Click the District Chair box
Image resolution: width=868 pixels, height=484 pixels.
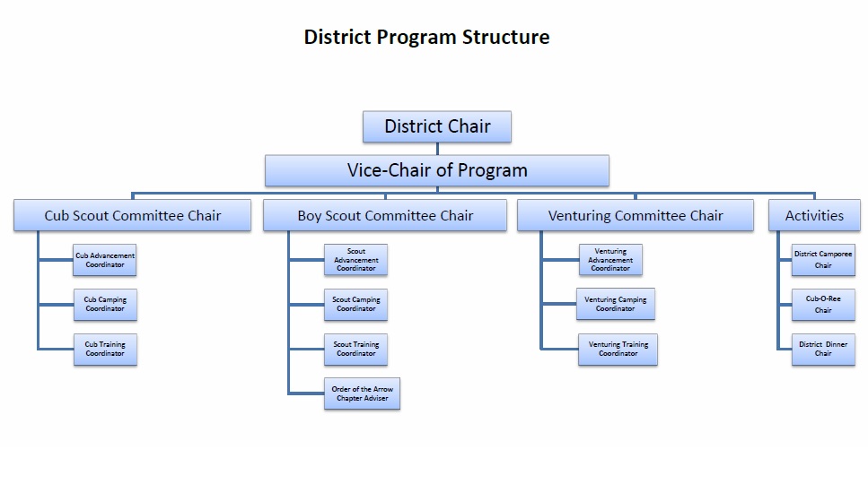click(x=437, y=126)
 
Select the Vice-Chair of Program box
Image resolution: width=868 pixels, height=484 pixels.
click(x=437, y=170)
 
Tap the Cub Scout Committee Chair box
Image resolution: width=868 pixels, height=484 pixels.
click(x=133, y=215)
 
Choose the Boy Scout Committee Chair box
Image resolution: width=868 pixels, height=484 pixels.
click(x=385, y=215)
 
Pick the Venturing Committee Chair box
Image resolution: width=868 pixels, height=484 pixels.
click(x=636, y=215)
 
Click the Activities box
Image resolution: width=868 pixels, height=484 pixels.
click(x=814, y=215)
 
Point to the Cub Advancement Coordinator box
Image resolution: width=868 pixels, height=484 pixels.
click(x=105, y=260)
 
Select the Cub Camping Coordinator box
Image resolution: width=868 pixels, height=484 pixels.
click(x=105, y=305)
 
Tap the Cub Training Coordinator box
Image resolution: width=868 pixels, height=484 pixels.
click(x=105, y=349)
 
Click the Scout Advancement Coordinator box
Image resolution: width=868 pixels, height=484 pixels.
click(x=356, y=260)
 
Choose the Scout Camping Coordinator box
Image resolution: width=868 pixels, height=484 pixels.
click(x=356, y=305)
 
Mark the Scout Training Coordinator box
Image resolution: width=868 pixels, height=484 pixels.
click(x=356, y=349)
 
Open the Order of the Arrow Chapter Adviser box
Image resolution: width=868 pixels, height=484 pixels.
click(x=362, y=393)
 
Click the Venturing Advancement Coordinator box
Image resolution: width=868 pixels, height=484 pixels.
click(x=610, y=260)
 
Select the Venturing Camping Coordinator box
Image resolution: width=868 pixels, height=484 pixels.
click(x=616, y=304)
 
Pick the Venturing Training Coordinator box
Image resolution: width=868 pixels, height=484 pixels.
click(x=618, y=349)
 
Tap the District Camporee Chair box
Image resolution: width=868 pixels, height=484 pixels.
click(x=823, y=260)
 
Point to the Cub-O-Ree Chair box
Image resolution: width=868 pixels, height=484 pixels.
click(x=823, y=305)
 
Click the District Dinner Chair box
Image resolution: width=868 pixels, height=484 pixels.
click(x=823, y=349)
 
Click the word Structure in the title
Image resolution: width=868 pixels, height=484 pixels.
click(x=505, y=38)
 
